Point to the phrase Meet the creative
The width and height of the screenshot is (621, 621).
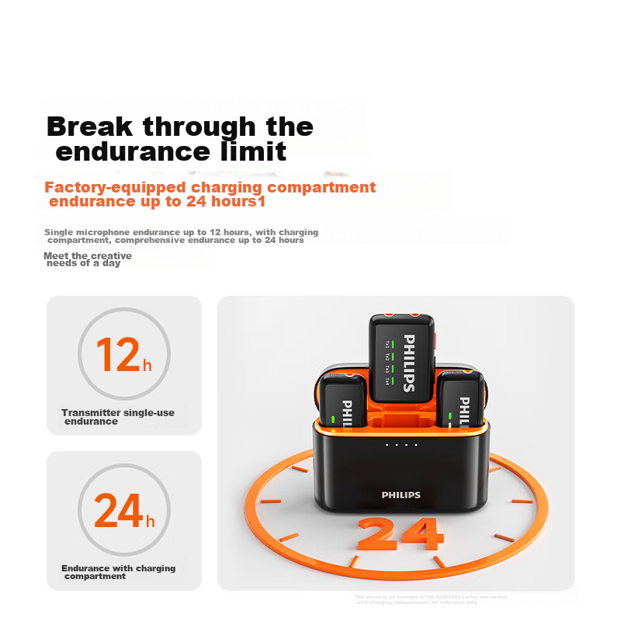tap(88, 255)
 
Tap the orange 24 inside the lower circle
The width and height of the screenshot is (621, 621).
tap(118, 510)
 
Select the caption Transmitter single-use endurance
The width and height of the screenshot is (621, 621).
tap(117, 417)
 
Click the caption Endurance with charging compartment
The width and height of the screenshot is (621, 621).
tap(118, 572)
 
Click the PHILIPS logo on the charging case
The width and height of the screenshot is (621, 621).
tap(401, 494)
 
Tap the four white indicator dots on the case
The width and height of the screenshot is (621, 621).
tap(401, 445)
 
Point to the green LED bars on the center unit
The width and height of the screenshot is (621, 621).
tap(394, 361)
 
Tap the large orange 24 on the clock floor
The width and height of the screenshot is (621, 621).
tap(401, 534)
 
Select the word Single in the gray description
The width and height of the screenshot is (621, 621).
tap(57, 232)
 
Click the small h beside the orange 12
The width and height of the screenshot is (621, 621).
tap(147, 365)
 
